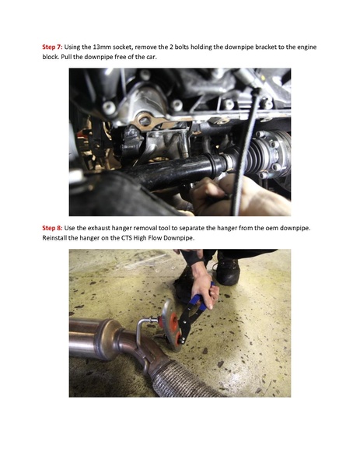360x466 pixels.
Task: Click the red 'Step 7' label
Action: pos(52,47)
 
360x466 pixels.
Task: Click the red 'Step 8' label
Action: pos(52,228)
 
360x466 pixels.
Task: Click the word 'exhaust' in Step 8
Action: pos(100,228)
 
